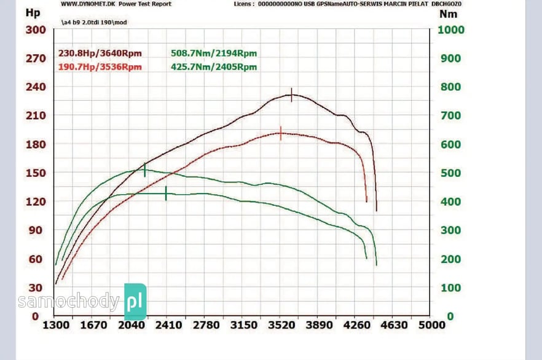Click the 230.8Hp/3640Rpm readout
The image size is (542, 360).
[100, 53]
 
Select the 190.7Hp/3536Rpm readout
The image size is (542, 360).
[100, 67]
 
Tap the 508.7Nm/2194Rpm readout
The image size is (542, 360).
[214, 53]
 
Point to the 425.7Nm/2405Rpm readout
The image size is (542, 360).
[214, 67]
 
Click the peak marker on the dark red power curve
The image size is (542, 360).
[291, 95]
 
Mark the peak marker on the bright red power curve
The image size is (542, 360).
[281, 133]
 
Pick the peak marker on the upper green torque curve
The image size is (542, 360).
[145, 170]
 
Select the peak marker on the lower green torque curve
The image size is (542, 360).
[166, 194]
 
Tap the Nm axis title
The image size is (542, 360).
[449, 13]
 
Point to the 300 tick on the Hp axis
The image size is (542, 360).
[35, 29]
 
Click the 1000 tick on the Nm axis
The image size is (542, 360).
[451, 29]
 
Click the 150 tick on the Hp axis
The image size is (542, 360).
[35, 173]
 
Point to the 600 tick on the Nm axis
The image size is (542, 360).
[451, 144]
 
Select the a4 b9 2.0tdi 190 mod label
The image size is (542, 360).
[93, 23]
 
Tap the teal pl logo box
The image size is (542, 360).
[135, 302]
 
